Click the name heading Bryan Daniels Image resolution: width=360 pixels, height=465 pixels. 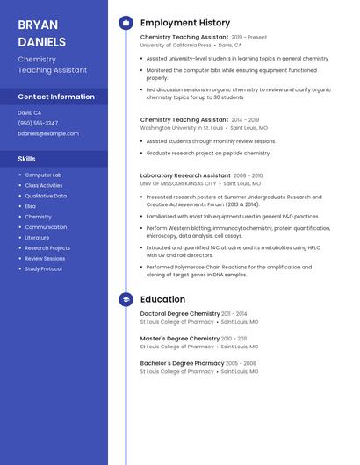coord(41,32)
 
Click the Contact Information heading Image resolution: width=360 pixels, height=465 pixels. coord(56,97)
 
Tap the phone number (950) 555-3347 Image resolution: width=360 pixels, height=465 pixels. coord(38,123)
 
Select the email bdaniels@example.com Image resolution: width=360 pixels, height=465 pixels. coord(48,133)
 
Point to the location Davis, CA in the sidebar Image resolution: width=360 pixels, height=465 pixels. coord(30,112)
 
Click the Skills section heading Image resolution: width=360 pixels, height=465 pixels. coord(27,159)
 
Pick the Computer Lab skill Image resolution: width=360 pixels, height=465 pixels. coord(43,175)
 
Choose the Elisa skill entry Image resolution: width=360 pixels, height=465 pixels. coord(31,206)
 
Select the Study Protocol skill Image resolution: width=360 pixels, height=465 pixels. coord(43,269)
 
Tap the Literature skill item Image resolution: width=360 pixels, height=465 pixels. coord(37,238)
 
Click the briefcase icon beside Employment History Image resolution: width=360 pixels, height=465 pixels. coord(126,23)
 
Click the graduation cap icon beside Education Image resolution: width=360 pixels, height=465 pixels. coord(126,299)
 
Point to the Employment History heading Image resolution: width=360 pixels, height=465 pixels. coord(185,23)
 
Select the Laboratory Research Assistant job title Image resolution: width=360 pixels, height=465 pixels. coord(185,175)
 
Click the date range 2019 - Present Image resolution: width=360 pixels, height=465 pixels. coord(249,38)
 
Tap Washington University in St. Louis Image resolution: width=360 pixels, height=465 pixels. coord(176,127)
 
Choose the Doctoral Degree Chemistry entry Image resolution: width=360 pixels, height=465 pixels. coord(180,313)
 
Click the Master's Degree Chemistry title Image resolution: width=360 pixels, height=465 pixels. coord(180,339)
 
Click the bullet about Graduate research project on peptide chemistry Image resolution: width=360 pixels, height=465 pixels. coord(208,153)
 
